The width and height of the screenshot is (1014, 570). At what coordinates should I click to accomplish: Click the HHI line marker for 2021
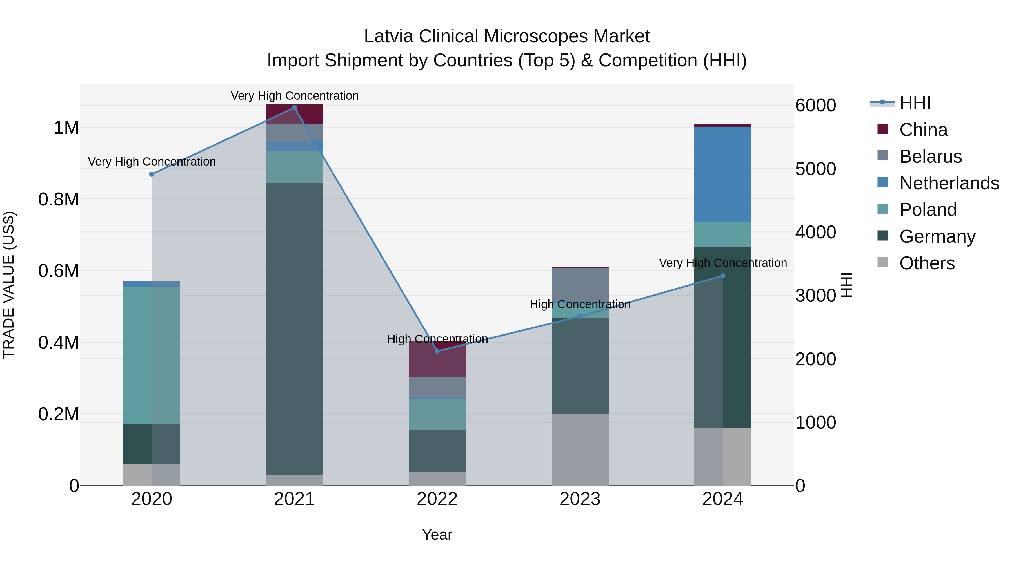tap(294, 108)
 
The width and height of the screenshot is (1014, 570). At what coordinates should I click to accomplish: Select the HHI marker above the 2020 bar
tap(152, 174)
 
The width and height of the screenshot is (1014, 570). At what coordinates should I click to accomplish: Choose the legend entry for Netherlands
tap(949, 183)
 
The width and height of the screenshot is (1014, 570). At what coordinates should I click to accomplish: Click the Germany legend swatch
tap(882, 236)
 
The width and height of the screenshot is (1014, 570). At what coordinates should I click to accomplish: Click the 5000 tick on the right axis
tap(815, 169)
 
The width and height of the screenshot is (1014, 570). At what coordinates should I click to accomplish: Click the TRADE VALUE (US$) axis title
tap(9, 285)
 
